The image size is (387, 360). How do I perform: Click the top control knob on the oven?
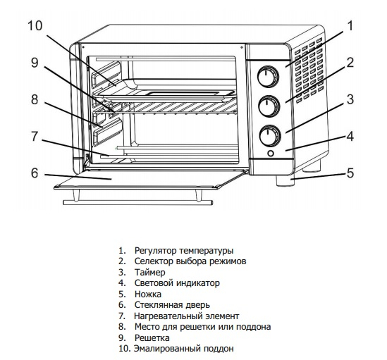[x=269, y=77]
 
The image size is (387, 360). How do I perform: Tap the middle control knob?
[x=269, y=106]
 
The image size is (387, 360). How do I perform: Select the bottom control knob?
[x=270, y=136]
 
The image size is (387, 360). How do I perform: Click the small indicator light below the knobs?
[x=271, y=154]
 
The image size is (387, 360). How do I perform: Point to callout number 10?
[x=35, y=25]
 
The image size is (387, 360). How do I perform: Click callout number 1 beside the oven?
[x=350, y=25]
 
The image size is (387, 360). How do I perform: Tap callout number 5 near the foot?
[x=350, y=173]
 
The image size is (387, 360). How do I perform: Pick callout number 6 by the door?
[x=35, y=173]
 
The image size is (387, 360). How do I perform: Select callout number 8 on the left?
[x=35, y=99]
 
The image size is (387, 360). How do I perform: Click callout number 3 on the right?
[x=350, y=99]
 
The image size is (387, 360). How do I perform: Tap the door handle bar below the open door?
[x=137, y=203]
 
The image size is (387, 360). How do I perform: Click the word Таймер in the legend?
[x=150, y=272]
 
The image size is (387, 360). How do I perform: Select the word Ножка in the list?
[x=148, y=294]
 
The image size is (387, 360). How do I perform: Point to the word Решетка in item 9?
[x=152, y=337]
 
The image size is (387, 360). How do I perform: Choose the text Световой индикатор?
[x=177, y=283]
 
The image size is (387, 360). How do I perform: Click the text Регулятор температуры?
[x=184, y=251]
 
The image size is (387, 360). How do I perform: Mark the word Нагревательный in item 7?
[x=168, y=316]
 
